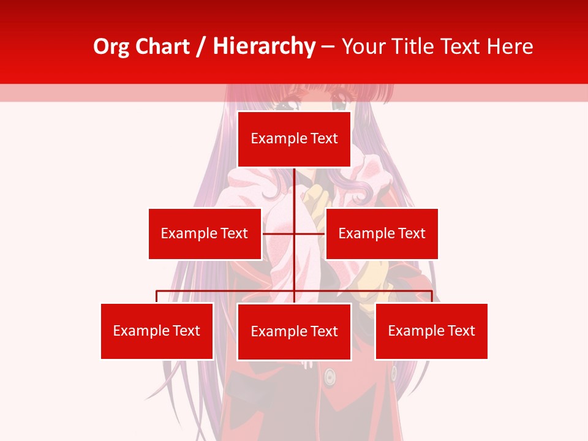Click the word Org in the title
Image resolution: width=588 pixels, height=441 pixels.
(x=111, y=47)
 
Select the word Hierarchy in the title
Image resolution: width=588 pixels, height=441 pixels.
(x=264, y=47)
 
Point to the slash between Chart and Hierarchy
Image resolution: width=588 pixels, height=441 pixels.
(x=200, y=47)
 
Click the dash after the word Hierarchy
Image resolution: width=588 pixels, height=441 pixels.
(x=328, y=47)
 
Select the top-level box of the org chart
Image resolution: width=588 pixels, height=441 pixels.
(x=294, y=139)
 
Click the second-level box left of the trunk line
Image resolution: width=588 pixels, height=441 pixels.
(x=205, y=233)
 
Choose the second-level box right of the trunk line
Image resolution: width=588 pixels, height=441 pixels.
(x=382, y=233)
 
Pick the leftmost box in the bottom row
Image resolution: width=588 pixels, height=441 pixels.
(x=157, y=331)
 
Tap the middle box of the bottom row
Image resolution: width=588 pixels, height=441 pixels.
(x=294, y=331)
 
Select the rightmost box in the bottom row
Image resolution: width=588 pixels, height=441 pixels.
(x=431, y=331)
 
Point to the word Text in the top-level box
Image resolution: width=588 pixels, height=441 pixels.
(x=324, y=139)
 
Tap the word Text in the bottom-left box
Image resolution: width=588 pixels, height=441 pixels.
(x=186, y=331)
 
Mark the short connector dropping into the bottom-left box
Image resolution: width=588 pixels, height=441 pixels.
(x=157, y=296)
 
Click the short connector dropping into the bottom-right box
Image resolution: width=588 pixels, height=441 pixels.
(x=432, y=296)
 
